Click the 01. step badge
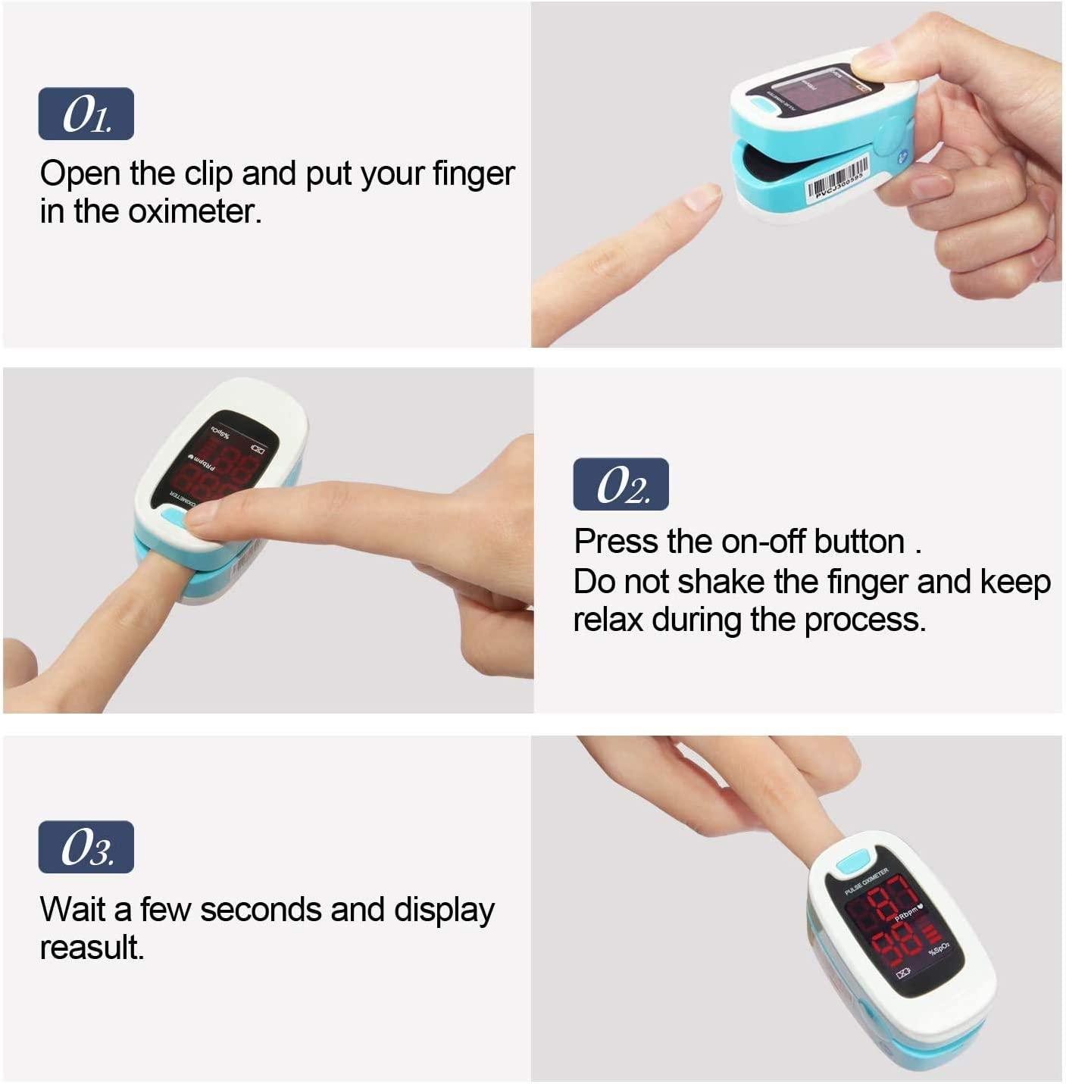pyautogui.click(x=86, y=114)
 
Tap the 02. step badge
pyautogui.click(x=621, y=484)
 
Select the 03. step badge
pyautogui.click(x=86, y=847)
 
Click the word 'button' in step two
pyautogui.click(x=859, y=542)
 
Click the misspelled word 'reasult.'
pyautogui.click(x=92, y=948)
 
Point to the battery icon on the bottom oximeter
pyautogui.click(x=904, y=973)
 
